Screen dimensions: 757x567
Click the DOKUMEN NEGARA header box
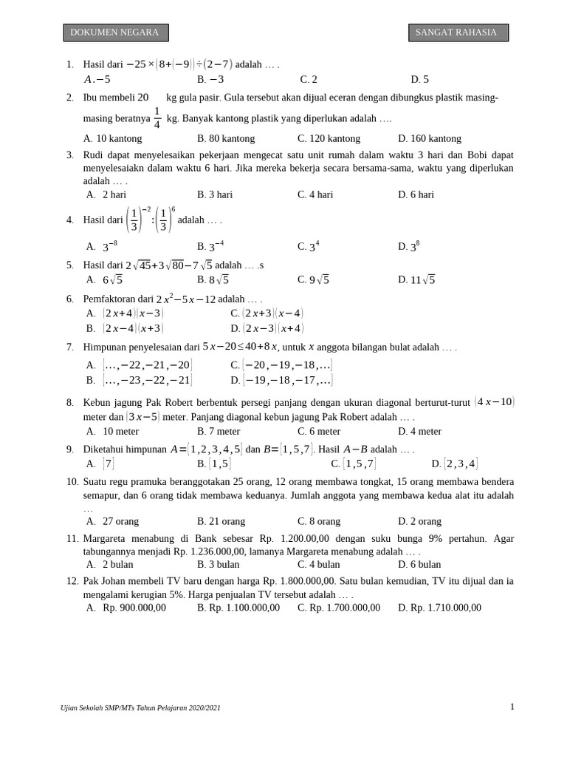[x=115, y=33]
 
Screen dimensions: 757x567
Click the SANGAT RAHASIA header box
[x=458, y=33]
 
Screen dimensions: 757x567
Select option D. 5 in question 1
[x=419, y=79]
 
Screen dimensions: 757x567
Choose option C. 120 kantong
[x=329, y=138]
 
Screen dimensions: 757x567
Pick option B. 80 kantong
[x=225, y=138]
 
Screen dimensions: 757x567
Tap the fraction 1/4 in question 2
[x=157, y=118]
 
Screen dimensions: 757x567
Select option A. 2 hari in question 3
[x=106, y=194]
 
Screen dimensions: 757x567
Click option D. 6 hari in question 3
[x=416, y=194]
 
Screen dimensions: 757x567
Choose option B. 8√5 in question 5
[x=213, y=279]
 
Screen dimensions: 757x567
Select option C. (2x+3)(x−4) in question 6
[x=267, y=313]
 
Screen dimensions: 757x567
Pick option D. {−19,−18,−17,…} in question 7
[x=281, y=380]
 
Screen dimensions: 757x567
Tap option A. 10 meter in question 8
[x=112, y=431]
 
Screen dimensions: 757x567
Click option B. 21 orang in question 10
[x=221, y=521]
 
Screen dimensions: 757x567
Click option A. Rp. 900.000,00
[x=126, y=608]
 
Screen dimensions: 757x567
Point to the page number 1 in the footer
[x=512, y=707]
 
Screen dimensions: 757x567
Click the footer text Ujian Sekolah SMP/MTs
[x=140, y=707]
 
